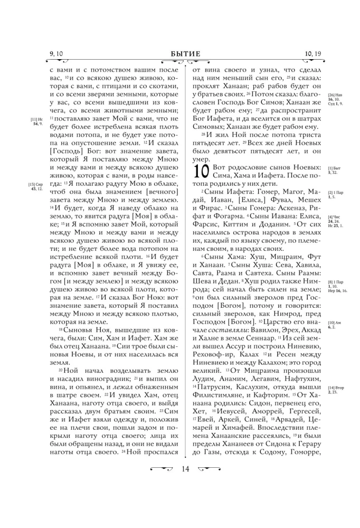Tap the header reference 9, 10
tap(56, 53)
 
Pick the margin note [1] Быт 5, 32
tap(334, 170)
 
